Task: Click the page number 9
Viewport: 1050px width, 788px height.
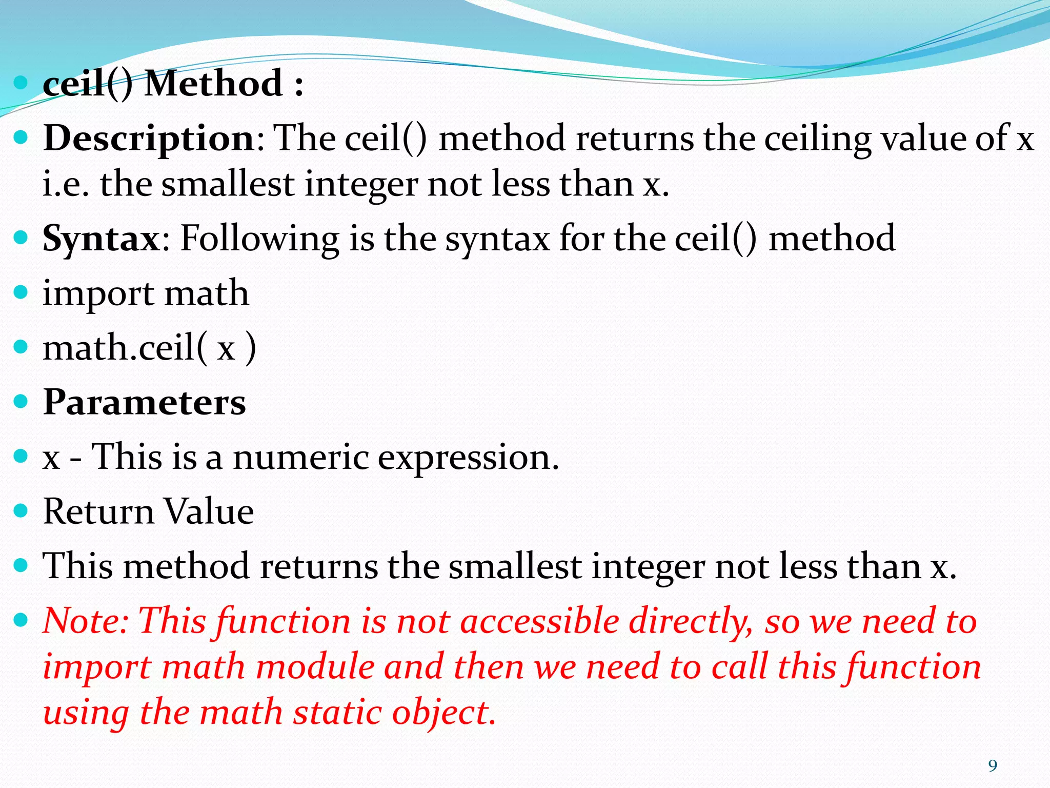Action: click(993, 766)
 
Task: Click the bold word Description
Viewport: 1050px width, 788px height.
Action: click(149, 139)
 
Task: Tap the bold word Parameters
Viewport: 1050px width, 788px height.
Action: click(145, 402)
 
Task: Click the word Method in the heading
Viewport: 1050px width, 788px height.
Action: click(214, 83)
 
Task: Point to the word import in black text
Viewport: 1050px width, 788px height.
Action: click(98, 294)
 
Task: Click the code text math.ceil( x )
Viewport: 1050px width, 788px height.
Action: click(149, 348)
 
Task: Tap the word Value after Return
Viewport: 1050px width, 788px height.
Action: click(209, 511)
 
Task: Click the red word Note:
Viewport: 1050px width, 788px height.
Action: click(86, 621)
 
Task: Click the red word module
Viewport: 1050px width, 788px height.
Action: click(315, 667)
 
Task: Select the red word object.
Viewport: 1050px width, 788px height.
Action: click(443, 713)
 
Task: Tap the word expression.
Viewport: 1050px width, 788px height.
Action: click(468, 458)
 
